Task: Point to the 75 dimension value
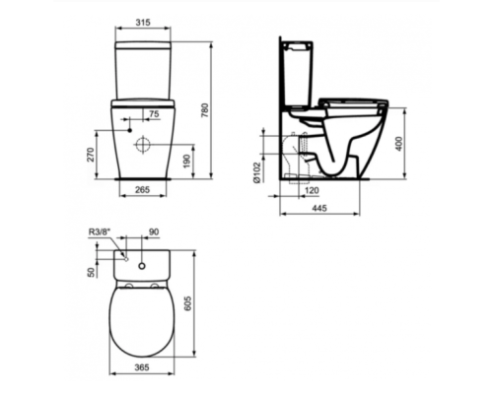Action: click(x=152, y=115)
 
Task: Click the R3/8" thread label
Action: click(x=101, y=232)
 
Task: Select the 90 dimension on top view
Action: click(x=152, y=232)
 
